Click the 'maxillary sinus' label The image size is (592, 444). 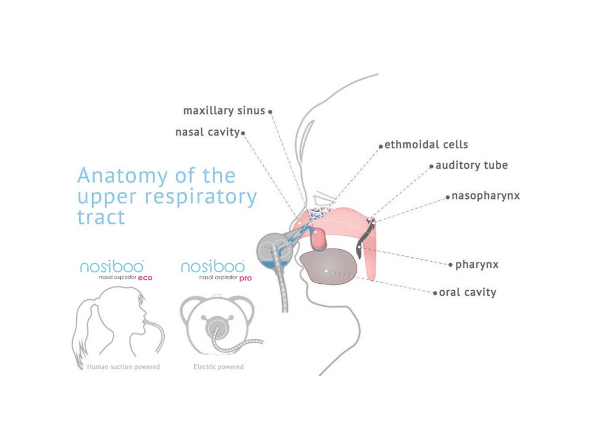point(224,110)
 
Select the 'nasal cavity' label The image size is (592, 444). point(208,132)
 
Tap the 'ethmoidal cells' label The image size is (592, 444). point(426,145)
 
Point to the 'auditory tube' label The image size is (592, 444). point(472,165)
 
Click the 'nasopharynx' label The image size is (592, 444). point(486,196)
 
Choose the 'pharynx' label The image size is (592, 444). point(477,264)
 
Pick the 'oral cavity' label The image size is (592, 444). point(467,292)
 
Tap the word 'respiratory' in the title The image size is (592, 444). point(201,198)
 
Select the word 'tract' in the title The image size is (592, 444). point(101,217)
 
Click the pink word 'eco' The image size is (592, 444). point(145,278)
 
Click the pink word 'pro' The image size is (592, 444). point(245,278)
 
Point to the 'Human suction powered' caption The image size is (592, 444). point(124,367)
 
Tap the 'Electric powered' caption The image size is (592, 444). point(219,367)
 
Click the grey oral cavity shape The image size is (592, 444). point(328,266)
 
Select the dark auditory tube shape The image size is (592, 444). point(365,238)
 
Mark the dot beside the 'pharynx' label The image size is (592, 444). point(450,265)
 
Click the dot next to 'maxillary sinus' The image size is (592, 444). point(271,112)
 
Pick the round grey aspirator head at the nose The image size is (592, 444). point(275,251)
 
